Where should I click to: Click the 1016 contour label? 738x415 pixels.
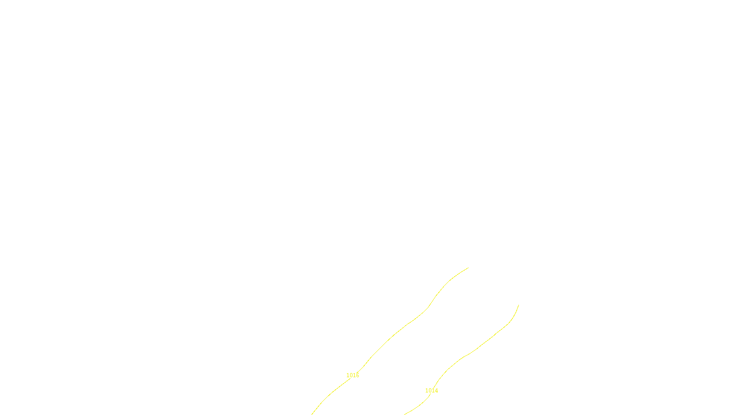[352, 375]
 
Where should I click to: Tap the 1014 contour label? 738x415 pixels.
[431, 391]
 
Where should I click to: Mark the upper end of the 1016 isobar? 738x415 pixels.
[468, 268]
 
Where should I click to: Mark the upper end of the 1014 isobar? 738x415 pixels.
[518, 305]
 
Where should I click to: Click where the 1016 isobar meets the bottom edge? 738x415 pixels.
[312, 414]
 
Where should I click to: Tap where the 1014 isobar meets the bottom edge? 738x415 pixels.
[405, 414]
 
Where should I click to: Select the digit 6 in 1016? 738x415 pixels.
[357, 375]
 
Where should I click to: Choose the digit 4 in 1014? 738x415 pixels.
[436, 391]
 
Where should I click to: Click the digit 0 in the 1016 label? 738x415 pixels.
[351, 375]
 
